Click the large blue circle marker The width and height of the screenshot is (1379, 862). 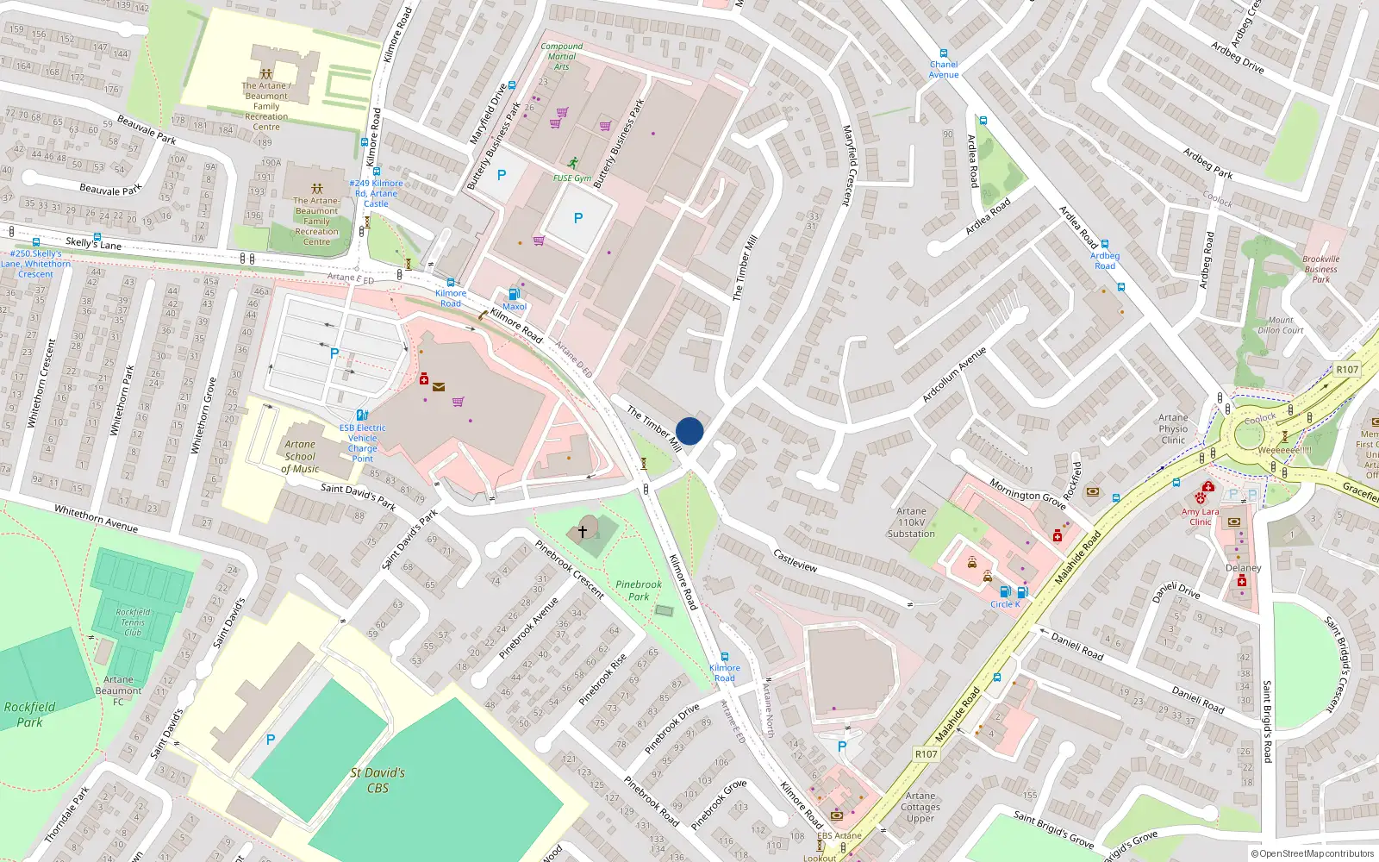[x=689, y=431]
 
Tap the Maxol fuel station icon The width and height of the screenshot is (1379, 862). [x=515, y=294]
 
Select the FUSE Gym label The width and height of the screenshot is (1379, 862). [x=571, y=178]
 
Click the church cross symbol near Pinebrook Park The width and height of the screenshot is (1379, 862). [x=583, y=532]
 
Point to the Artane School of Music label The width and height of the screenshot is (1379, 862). [x=300, y=457]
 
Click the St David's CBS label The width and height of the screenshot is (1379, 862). [x=378, y=780]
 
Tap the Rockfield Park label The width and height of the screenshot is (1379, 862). [x=29, y=714]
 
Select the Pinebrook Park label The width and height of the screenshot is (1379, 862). [x=639, y=590]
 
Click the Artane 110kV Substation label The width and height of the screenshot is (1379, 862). [x=911, y=522]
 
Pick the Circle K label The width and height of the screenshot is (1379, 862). [x=1005, y=604]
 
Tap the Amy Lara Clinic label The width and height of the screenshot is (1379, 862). [x=1200, y=516]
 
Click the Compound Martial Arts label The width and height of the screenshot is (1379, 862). [x=561, y=56]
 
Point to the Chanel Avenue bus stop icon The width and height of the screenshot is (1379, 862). [x=944, y=53]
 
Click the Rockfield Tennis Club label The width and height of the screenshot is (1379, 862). [x=133, y=622]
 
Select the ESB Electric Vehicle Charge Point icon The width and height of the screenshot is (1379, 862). [x=362, y=415]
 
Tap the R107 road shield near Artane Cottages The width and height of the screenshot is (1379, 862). [x=926, y=753]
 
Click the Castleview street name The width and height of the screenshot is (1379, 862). [x=795, y=560]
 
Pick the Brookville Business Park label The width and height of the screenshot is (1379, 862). [x=1320, y=269]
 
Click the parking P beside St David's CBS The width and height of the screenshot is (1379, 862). [x=271, y=740]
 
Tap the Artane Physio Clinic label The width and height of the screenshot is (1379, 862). [x=1172, y=428]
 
